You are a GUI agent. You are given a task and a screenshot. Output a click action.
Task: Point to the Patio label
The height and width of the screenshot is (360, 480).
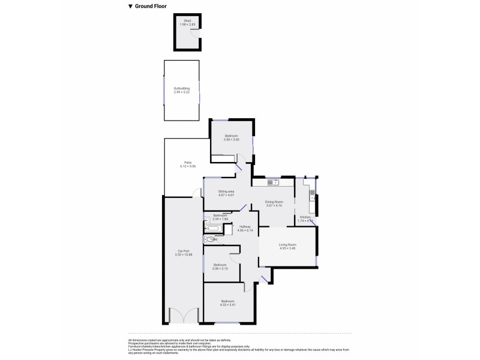pyautogui.click(x=188, y=161)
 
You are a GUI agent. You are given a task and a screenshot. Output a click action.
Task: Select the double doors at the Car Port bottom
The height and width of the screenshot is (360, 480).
pyautogui.click(x=183, y=316)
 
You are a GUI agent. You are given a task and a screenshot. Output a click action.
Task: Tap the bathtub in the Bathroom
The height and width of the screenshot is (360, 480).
pyautogui.click(x=213, y=229)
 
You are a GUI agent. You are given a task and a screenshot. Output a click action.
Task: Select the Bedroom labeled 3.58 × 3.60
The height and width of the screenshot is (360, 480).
pyautogui.click(x=232, y=139)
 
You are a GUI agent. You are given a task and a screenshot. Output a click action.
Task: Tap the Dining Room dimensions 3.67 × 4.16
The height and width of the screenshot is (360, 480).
pyautogui.click(x=274, y=205)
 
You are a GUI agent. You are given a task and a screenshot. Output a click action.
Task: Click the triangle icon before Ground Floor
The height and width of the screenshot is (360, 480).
pyautogui.click(x=131, y=7)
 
